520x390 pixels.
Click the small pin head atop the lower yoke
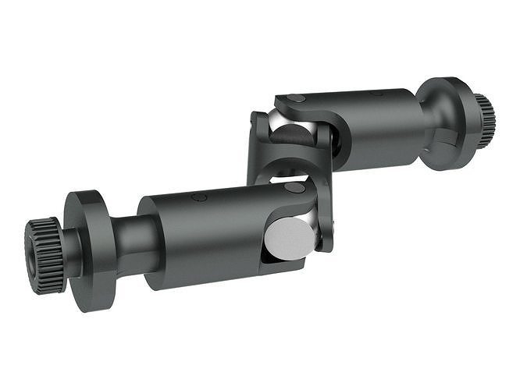coord(294,187)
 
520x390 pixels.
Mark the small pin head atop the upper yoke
coord(296,98)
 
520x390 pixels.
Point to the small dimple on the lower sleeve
coord(199,197)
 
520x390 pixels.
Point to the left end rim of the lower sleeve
coord(148,242)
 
